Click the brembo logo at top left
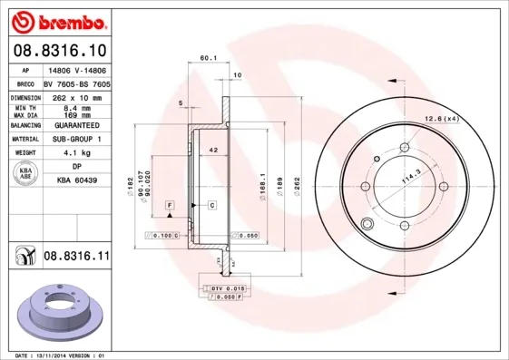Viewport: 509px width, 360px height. point(57,19)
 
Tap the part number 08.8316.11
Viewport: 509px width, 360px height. point(76,258)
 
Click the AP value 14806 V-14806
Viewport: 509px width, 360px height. point(76,70)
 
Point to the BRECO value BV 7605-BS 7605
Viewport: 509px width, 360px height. point(76,83)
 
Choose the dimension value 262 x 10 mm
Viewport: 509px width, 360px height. point(76,97)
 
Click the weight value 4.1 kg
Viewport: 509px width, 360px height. point(76,153)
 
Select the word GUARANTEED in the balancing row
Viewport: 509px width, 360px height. point(76,125)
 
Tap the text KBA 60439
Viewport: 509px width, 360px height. point(76,180)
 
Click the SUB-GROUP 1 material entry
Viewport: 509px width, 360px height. point(76,140)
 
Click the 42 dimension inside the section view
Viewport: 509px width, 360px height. point(212,149)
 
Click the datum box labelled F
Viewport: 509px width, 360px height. point(169,207)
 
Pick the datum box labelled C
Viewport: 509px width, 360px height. point(211,207)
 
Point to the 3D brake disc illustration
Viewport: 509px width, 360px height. point(59,312)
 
